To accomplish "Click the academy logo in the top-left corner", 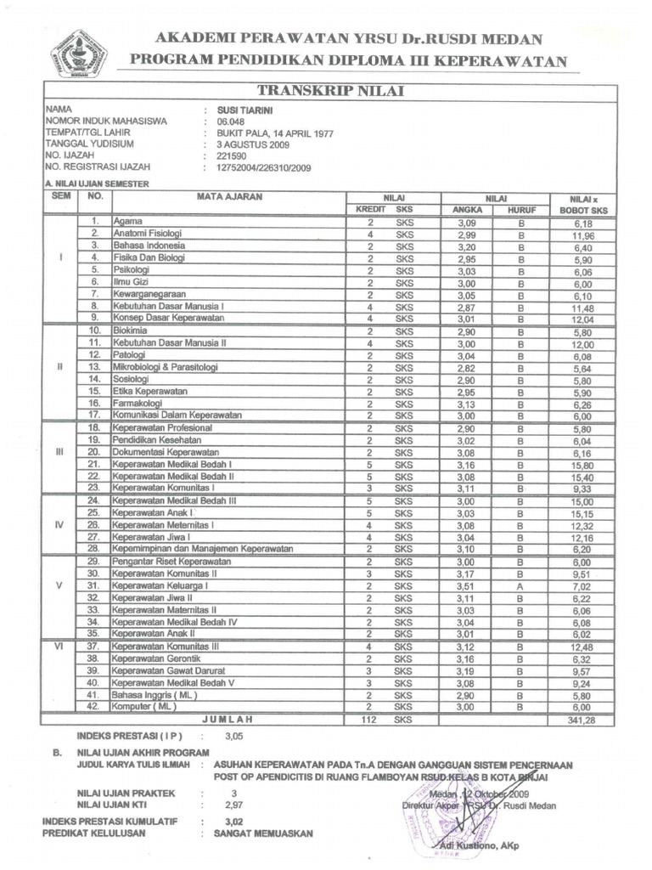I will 80,54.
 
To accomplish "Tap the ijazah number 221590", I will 230,156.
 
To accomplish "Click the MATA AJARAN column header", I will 228,196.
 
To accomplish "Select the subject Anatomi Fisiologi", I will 148,233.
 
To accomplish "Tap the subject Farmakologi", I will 138,403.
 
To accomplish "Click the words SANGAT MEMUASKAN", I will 263,833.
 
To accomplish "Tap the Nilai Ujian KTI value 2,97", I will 233,803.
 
